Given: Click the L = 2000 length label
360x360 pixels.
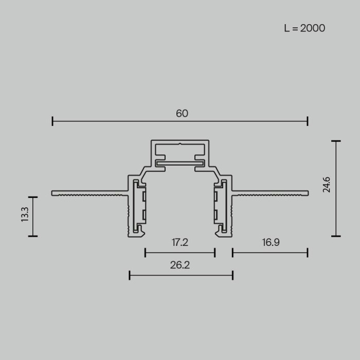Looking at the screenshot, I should [x=304, y=28].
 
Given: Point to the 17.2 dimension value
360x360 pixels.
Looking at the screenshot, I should [x=179, y=242].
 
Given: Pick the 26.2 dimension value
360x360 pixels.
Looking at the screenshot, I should [x=179, y=265].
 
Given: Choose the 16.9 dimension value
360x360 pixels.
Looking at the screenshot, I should [x=270, y=242].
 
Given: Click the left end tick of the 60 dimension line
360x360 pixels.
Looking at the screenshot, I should [x=53, y=121].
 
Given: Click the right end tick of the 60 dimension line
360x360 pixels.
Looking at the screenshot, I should [x=308, y=121].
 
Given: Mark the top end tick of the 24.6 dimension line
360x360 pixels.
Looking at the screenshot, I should [x=336, y=141].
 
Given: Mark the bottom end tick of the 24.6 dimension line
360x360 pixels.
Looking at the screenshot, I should [x=336, y=236].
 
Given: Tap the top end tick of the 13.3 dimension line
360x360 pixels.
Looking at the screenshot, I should [x=33, y=197].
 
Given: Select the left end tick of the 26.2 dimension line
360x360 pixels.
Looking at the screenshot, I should [x=130, y=276].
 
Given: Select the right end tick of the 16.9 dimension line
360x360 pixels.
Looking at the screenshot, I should [x=308, y=252].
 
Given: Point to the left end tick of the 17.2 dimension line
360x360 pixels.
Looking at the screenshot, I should [x=146, y=252].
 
